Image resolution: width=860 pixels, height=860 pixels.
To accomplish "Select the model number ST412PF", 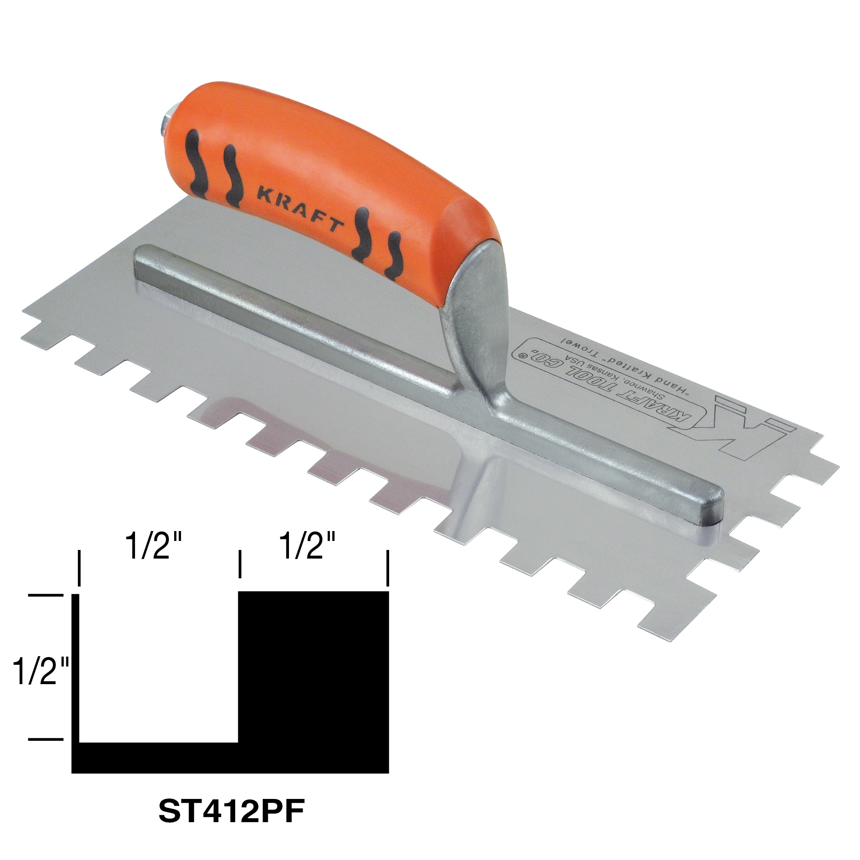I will coord(231,812).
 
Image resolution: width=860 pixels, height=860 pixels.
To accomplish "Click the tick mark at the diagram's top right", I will coord(388,568).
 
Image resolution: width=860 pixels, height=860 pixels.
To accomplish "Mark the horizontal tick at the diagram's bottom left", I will coord(46,739).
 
